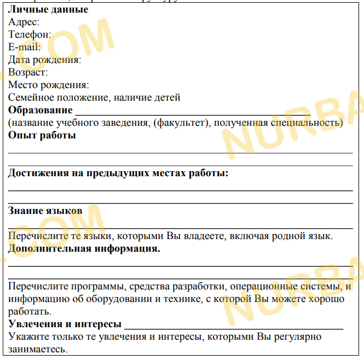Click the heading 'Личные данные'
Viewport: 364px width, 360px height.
48,9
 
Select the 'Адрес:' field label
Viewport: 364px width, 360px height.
24,22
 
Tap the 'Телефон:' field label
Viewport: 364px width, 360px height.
30,34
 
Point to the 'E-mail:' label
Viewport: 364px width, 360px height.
25,47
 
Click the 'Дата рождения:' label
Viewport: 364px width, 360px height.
44,60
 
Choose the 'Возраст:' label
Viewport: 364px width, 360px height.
28,72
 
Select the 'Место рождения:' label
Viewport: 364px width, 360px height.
48,85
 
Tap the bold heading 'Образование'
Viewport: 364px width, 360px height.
40,110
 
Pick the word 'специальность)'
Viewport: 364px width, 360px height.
309,123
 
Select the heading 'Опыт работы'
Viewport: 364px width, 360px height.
42,135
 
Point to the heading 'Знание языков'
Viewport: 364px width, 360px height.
45,211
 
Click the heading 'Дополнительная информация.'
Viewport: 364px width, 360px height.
84,248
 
